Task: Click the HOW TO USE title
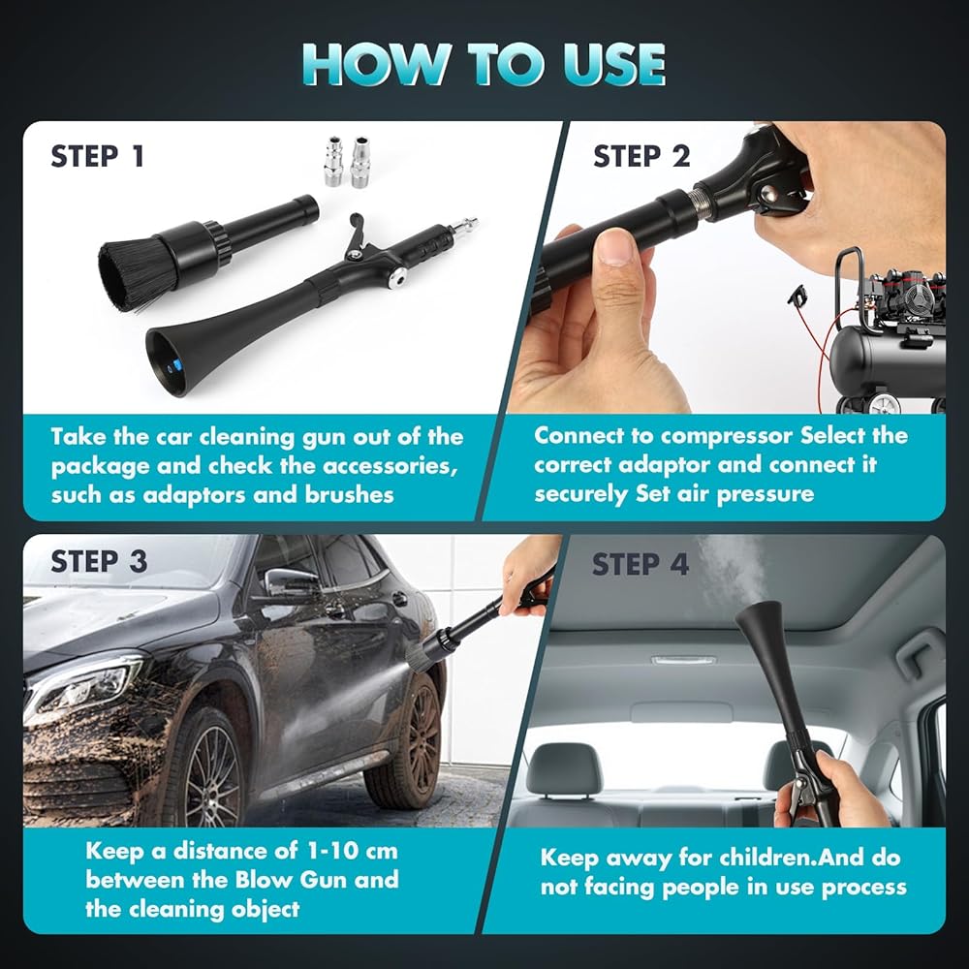[484, 64]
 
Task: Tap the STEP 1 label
[98, 156]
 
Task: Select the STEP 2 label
[641, 156]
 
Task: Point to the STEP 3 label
[99, 562]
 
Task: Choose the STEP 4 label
[641, 564]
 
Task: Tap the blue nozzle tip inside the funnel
[176, 365]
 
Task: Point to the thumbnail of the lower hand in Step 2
[614, 246]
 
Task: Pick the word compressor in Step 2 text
[726, 436]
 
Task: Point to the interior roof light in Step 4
[683, 660]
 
